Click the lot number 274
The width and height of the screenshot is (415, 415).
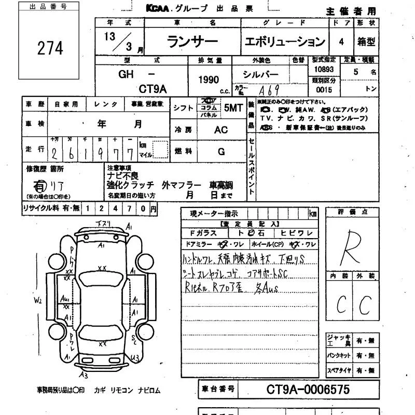(x=50, y=48)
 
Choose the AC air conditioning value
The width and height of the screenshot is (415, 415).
(x=220, y=130)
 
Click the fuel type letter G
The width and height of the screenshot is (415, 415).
(x=221, y=151)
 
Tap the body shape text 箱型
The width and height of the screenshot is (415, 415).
(x=366, y=42)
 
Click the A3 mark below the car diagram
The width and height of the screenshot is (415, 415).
(x=84, y=375)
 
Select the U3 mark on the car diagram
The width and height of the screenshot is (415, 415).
(x=135, y=358)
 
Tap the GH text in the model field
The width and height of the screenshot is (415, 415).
(x=126, y=75)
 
